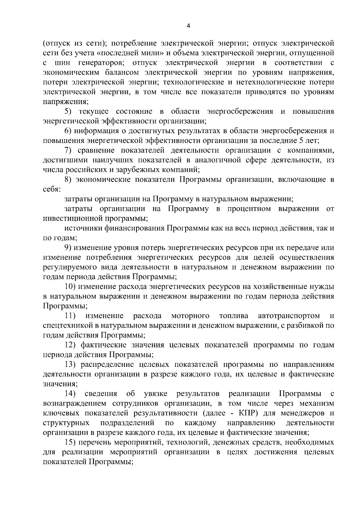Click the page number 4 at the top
(x=188, y=26)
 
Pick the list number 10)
(x=71, y=287)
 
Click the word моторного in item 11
(x=190, y=316)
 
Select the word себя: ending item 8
(x=52, y=190)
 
